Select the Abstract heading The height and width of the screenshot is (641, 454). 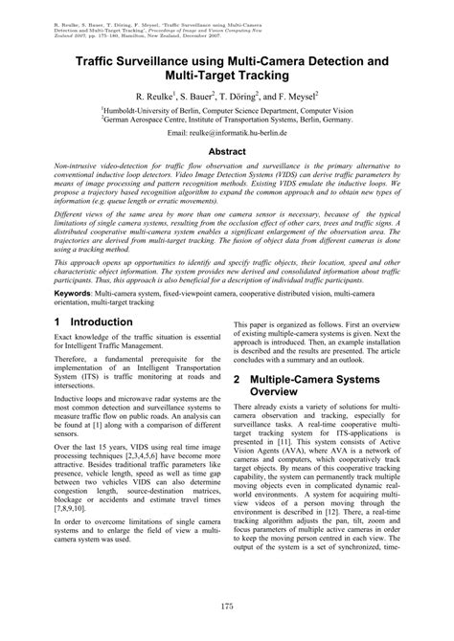(x=226, y=151)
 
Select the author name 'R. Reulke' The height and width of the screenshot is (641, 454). (x=157, y=98)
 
